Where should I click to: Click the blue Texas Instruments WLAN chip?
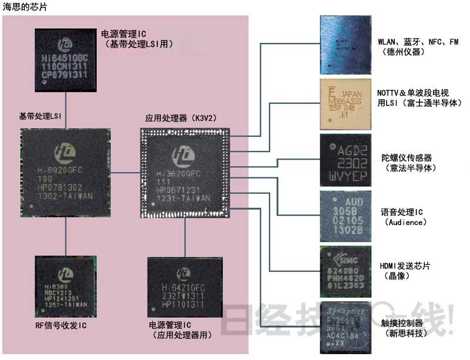pos(345,43)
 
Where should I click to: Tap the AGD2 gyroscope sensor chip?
pos(345,160)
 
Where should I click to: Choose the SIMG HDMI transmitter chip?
pos(345,271)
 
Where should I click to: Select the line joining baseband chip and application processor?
pos(125,172)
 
